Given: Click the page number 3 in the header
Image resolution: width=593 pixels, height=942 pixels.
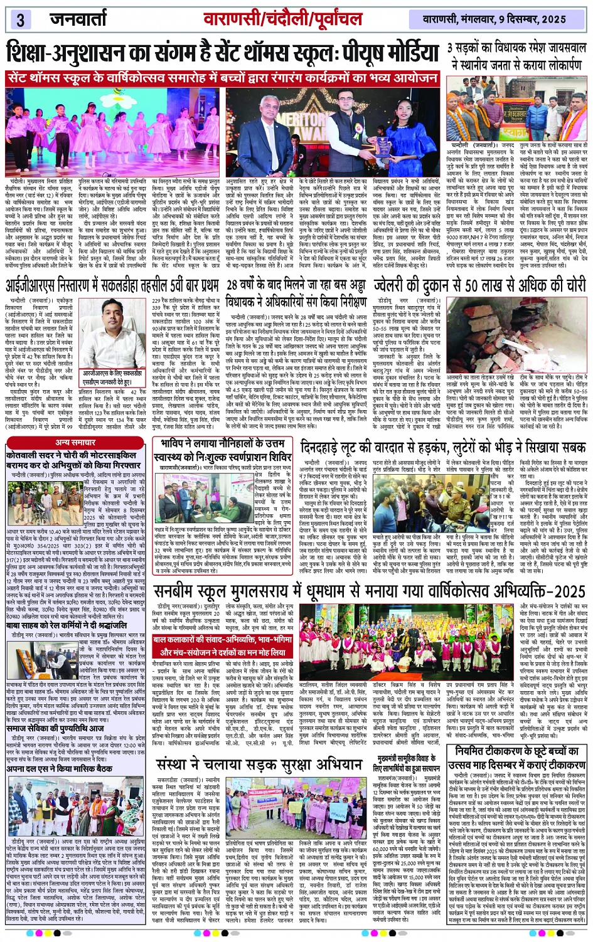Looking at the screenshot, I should tap(20, 19).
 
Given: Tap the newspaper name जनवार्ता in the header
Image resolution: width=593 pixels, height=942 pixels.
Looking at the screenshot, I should tap(78, 19).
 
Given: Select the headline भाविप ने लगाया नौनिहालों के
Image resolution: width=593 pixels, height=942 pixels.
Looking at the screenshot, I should tap(224, 449).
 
